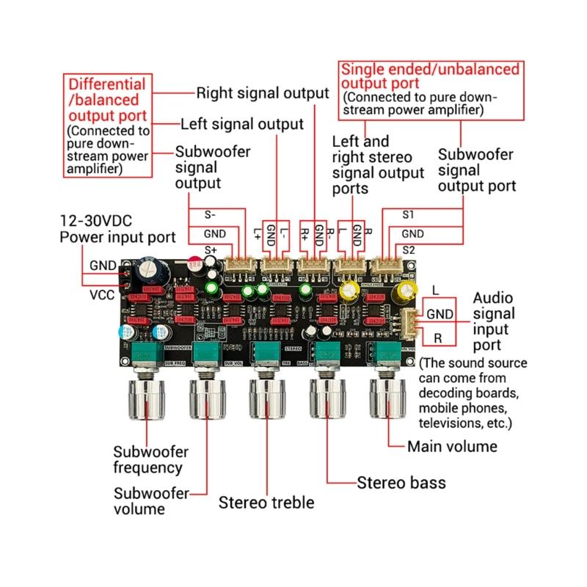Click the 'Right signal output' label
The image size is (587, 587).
click(x=262, y=94)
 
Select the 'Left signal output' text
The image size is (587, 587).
click(x=241, y=123)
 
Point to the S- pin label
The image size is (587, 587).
click(x=210, y=215)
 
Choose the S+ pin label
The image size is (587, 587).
click(x=211, y=250)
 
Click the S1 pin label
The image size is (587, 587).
click(x=409, y=215)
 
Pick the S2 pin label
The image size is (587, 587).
click(x=409, y=250)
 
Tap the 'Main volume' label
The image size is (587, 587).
click(x=452, y=446)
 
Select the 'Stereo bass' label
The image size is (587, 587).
click(x=401, y=483)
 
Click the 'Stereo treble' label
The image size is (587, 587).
click(x=266, y=503)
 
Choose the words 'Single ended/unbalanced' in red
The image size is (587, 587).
click(x=429, y=70)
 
